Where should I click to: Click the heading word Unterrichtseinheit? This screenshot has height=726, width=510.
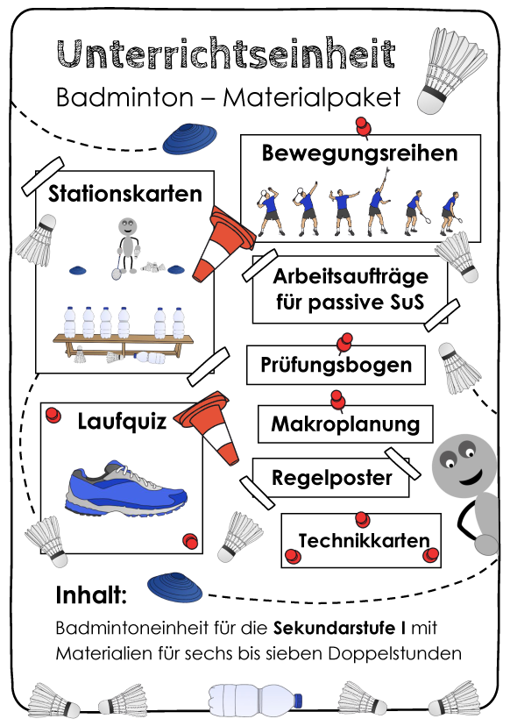pyautogui.click(x=226, y=53)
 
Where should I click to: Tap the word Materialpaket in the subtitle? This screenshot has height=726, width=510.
pyautogui.click(x=311, y=97)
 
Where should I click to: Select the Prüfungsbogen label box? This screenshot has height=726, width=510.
pyautogui.click(x=336, y=365)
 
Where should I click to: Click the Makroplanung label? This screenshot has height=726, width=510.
pyautogui.click(x=345, y=423)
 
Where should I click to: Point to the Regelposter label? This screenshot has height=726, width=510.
pyautogui.click(x=331, y=478)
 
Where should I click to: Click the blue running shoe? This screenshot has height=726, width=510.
pyautogui.click(x=126, y=488)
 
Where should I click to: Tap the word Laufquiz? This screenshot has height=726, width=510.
pyautogui.click(x=122, y=422)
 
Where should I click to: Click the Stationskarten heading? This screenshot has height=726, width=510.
pyautogui.click(x=125, y=194)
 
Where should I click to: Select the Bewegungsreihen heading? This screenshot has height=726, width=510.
pyautogui.click(x=359, y=153)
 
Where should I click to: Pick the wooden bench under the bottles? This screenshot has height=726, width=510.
pyautogui.click(x=123, y=345)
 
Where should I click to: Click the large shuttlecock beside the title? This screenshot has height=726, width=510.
pyautogui.click(x=451, y=70)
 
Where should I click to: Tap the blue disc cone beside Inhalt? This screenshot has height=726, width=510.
pyautogui.click(x=175, y=587)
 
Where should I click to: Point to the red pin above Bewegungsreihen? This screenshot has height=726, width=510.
pyautogui.click(x=364, y=126)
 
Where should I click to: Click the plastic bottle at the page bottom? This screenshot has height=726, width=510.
pyautogui.click(x=255, y=699)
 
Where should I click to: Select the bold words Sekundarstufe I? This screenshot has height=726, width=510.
pyautogui.click(x=340, y=628)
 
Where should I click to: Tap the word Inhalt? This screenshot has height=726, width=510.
pyautogui.click(x=91, y=595)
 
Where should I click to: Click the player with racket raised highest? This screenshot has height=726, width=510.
pyautogui.click(x=379, y=201)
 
